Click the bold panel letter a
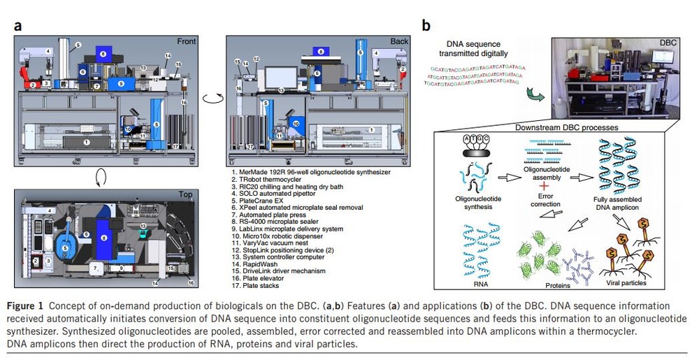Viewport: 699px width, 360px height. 17,27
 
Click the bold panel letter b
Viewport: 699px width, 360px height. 426,27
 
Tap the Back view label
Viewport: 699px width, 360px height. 399,41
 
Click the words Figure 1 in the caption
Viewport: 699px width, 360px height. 28,306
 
